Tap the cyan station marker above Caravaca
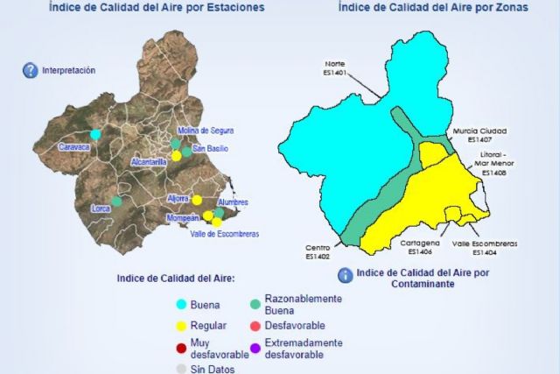point(95,134)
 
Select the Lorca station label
point(102,209)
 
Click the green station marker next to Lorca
point(116,201)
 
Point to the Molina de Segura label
point(206,131)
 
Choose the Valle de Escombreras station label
point(224,233)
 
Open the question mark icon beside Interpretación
point(30,71)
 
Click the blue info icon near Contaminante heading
point(346,274)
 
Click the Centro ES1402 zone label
point(317,251)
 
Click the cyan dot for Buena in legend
point(182,305)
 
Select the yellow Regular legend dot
point(182,326)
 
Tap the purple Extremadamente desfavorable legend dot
point(255,349)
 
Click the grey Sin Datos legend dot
point(182,369)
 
